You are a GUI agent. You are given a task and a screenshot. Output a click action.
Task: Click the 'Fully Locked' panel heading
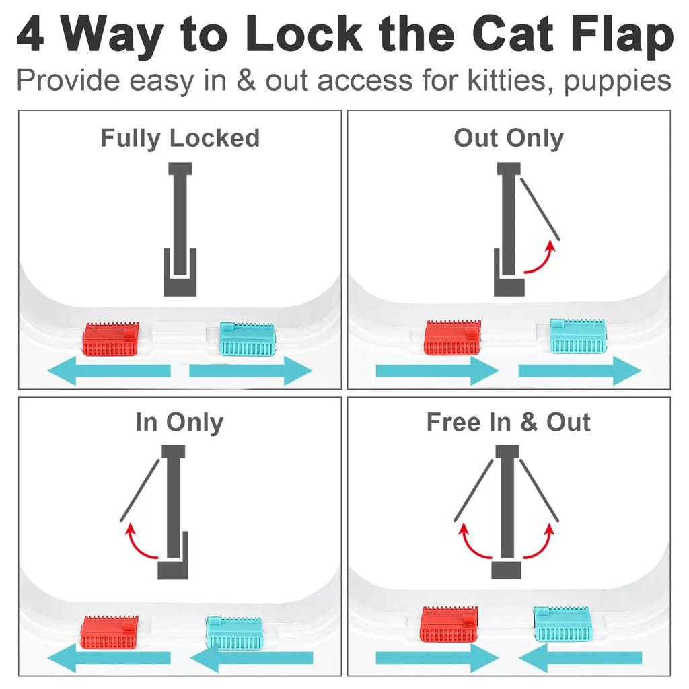180,138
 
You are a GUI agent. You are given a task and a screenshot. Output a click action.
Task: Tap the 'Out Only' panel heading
508,138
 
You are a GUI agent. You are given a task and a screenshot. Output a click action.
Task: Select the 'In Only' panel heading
179,423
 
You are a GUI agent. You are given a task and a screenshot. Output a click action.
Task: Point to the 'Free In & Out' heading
508,423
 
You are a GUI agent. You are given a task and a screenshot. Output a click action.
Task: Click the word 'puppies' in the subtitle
617,81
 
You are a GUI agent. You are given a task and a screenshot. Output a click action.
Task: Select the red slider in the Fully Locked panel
112,340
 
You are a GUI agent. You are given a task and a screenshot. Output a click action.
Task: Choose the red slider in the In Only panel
110,632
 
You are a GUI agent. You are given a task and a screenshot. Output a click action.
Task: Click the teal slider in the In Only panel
233,632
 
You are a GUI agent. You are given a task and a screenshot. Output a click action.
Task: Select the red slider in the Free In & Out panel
449,624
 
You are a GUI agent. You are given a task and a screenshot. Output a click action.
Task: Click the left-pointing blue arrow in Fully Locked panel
111,371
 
